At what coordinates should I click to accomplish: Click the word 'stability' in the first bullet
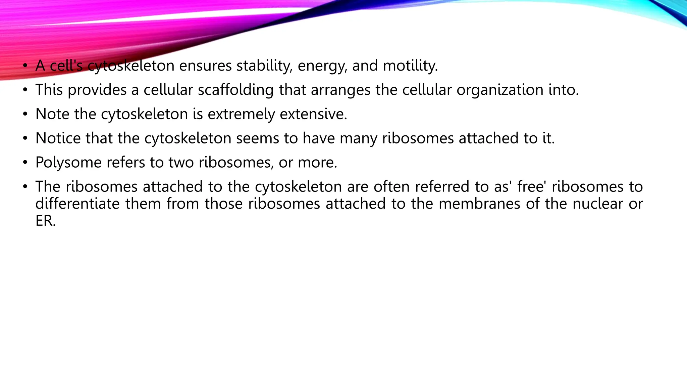[264, 66]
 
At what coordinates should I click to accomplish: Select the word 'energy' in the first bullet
[322, 66]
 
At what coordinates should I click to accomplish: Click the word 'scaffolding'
[235, 90]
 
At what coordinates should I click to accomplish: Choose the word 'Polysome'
[68, 163]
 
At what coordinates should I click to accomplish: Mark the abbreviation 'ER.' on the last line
[45, 221]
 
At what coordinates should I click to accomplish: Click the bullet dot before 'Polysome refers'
[25, 163]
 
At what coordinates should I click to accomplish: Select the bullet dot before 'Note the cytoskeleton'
[25, 114]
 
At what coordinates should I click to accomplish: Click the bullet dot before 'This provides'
[25, 90]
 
